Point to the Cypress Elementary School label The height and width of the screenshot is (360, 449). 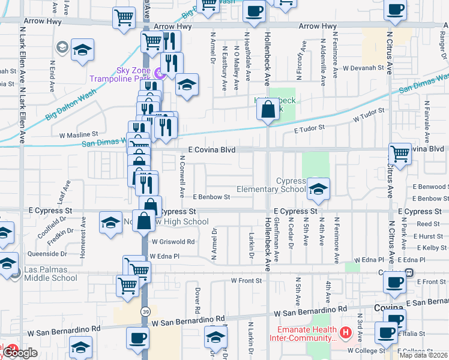tap(271, 185)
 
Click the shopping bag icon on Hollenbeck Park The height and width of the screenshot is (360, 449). tap(267, 110)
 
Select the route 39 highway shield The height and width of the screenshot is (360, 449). tap(146, 311)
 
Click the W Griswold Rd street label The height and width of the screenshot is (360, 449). tap(173, 242)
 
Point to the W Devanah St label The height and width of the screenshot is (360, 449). tap(364, 68)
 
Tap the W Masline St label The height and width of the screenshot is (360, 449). tap(79, 134)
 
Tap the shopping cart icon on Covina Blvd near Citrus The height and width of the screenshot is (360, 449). tap(400, 154)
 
